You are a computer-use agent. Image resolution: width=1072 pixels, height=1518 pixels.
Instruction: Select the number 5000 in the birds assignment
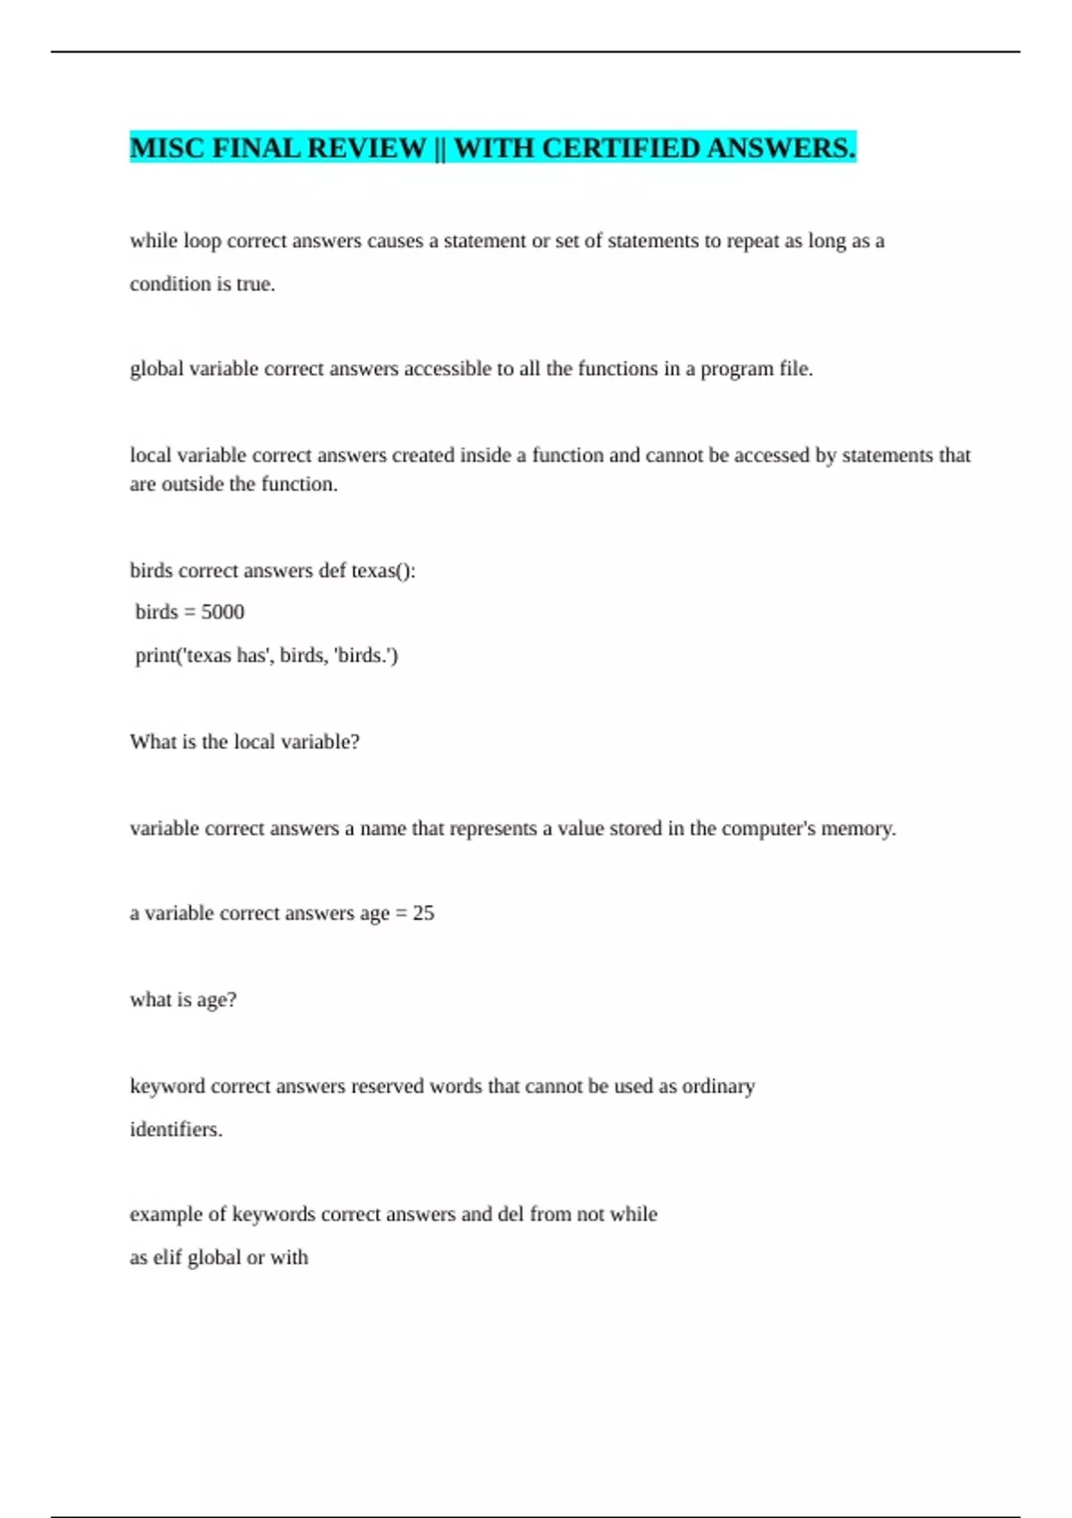[222, 612]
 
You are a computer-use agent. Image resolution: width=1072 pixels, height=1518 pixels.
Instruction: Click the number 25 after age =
[423, 913]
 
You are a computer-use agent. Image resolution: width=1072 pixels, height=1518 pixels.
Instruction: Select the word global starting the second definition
[156, 369]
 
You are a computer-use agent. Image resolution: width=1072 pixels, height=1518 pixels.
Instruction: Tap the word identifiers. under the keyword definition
[176, 1130]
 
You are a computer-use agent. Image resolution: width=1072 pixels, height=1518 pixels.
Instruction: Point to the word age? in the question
[216, 1000]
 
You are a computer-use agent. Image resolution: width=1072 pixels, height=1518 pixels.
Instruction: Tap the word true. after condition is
[255, 284]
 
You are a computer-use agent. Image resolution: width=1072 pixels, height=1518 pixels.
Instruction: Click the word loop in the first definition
[202, 241]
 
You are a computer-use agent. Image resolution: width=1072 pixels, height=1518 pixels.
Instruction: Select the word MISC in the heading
[167, 147]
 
